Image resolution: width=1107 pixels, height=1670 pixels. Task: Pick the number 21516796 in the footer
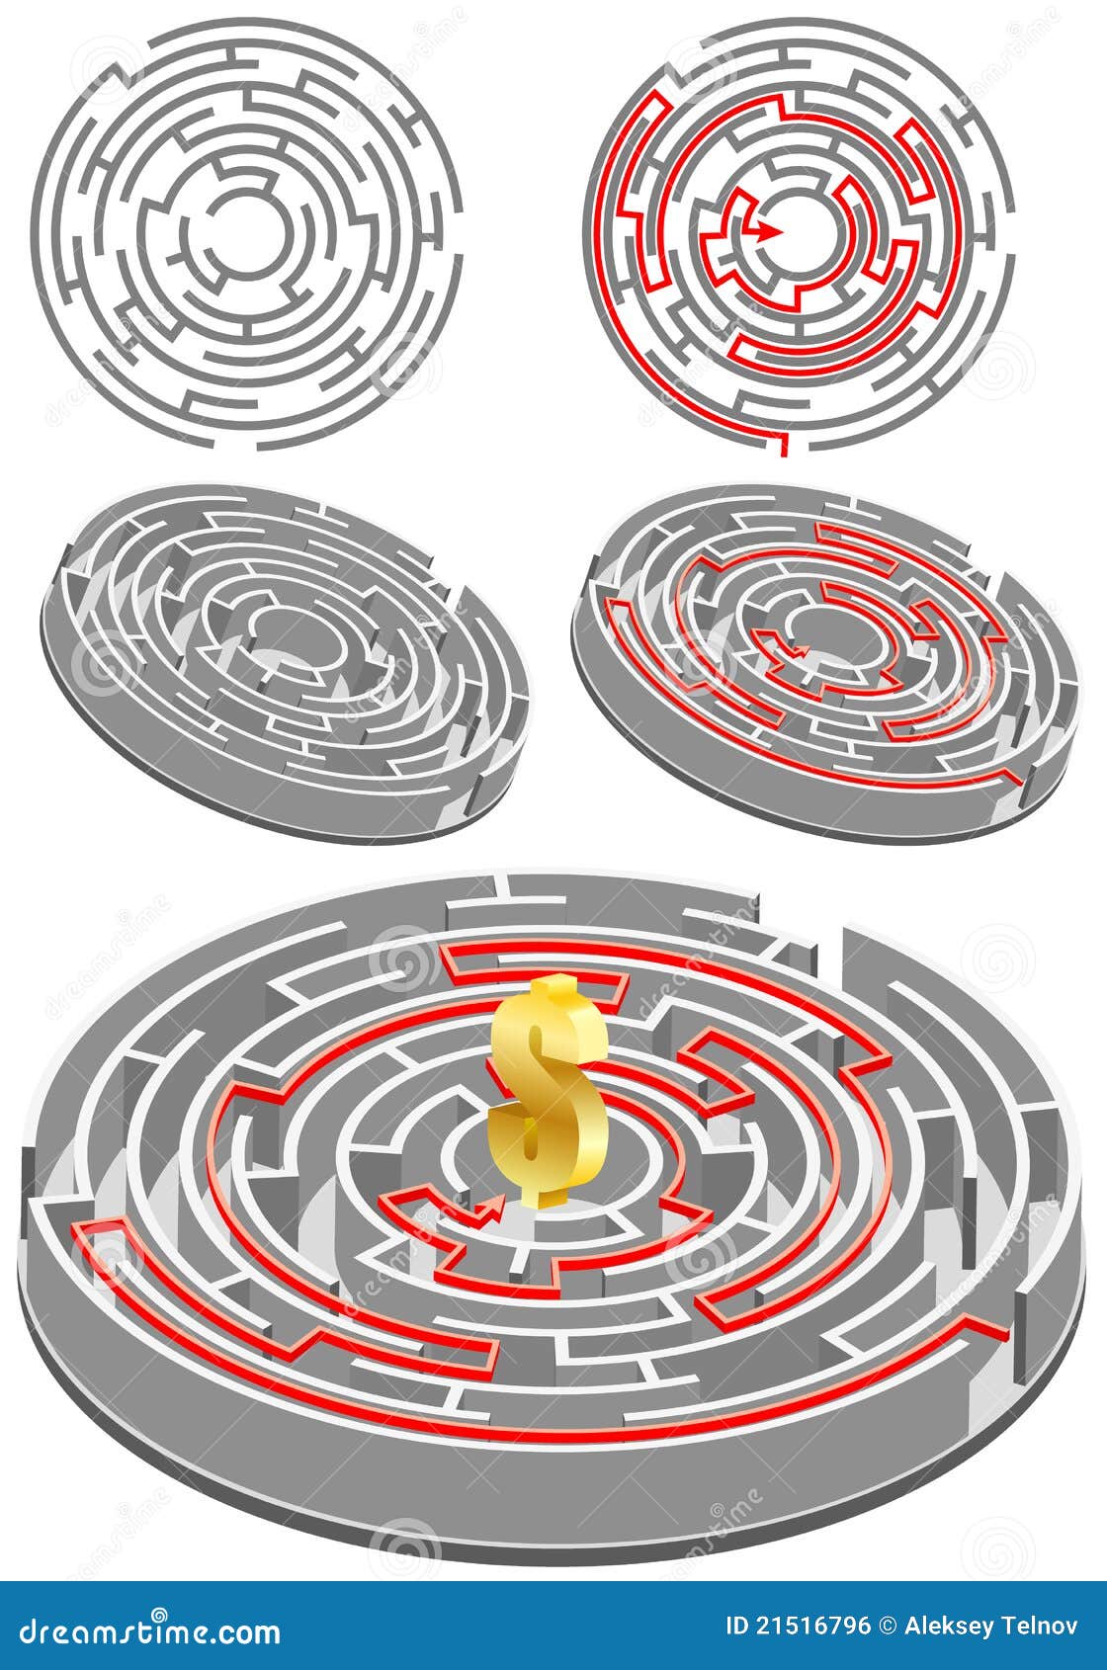point(813,1626)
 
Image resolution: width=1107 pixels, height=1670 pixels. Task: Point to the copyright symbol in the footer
point(888,1626)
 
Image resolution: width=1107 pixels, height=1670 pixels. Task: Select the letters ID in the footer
point(736,1626)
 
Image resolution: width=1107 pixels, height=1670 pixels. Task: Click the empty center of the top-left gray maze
point(236,232)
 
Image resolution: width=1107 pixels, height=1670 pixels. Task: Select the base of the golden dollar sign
point(552,1197)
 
